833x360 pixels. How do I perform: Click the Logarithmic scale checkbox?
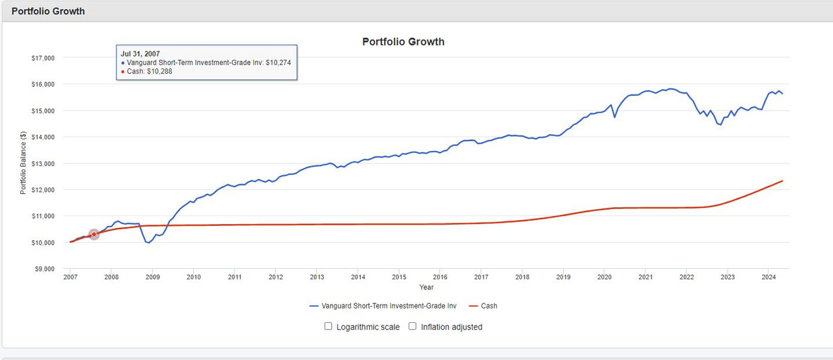tap(329, 326)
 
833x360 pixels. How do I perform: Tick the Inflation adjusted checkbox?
tap(413, 326)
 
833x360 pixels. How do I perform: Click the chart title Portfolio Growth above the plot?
tap(403, 42)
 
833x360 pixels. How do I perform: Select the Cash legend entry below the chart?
tap(483, 305)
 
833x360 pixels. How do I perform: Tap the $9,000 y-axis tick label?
tap(42, 269)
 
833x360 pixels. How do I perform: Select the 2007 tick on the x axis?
tap(70, 277)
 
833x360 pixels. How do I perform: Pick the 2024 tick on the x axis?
tap(768, 277)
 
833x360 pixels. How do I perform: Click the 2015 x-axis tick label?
tap(399, 277)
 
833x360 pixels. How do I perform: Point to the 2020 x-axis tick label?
tap(604, 277)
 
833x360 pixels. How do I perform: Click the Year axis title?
tap(426, 287)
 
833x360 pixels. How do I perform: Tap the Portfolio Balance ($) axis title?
tap(23, 163)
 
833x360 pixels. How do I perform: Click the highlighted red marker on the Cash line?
tap(94, 234)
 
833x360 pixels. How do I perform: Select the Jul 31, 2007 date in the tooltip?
tap(140, 53)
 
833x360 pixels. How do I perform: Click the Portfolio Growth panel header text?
tap(48, 11)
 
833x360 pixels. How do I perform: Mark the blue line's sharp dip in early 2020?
tap(614, 117)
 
